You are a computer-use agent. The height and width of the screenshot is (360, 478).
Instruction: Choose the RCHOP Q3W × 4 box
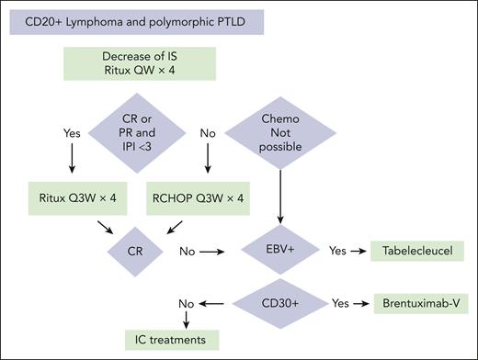coord(199,197)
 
